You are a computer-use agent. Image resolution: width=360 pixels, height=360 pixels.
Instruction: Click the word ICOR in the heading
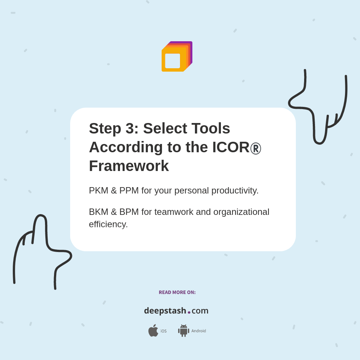click(x=231, y=147)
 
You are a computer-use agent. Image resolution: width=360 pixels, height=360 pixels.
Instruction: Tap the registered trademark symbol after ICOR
click(x=256, y=148)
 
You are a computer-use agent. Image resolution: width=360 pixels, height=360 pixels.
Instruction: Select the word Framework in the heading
click(x=129, y=166)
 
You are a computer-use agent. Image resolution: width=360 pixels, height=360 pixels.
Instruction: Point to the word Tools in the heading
click(x=211, y=128)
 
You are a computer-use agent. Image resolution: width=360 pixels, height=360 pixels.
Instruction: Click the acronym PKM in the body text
click(x=98, y=190)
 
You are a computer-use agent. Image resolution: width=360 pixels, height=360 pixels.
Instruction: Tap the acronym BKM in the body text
click(x=98, y=212)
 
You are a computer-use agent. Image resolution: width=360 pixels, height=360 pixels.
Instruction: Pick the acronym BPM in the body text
click(x=129, y=212)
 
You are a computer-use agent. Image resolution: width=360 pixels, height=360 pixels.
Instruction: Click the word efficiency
click(x=108, y=224)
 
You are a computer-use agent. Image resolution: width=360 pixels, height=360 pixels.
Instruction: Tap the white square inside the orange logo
click(x=172, y=61)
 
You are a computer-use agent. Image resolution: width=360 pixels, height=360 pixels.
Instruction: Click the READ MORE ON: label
click(x=177, y=292)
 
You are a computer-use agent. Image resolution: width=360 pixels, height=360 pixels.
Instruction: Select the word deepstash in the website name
click(x=165, y=310)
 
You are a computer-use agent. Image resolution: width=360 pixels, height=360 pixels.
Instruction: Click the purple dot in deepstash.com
click(x=189, y=312)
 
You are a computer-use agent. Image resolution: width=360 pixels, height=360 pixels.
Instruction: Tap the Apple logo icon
click(x=153, y=330)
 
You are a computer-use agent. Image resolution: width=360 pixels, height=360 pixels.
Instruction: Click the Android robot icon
click(x=183, y=331)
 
